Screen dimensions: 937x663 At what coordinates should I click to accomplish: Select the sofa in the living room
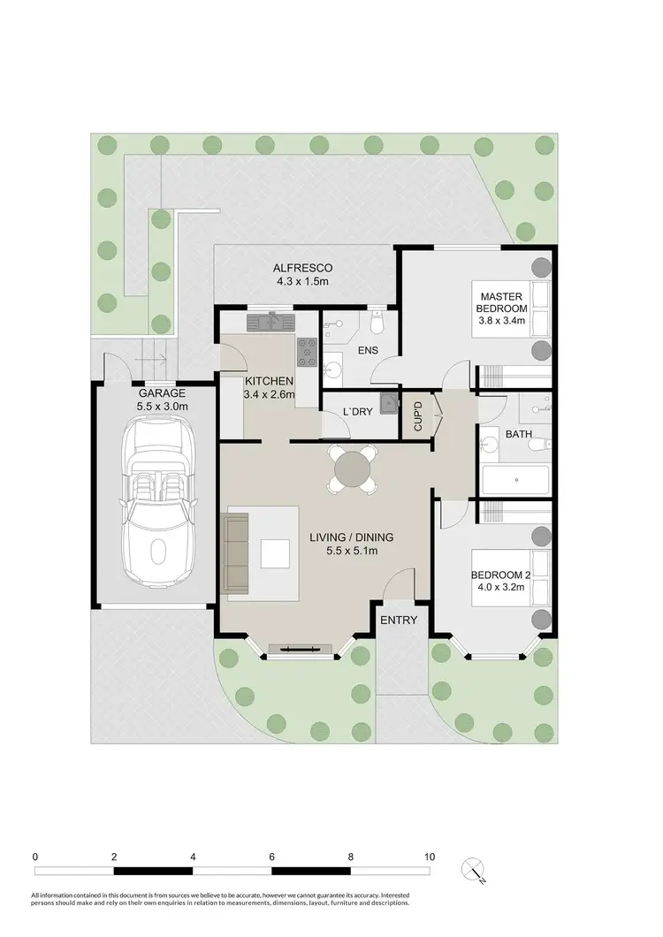pyautogui.click(x=236, y=552)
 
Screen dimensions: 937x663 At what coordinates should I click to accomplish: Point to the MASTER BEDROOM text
pyautogui.click(x=503, y=301)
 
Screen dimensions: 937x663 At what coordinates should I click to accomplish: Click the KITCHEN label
pyautogui.click(x=269, y=381)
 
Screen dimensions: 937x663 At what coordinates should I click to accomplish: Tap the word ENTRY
pyautogui.click(x=398, y=620)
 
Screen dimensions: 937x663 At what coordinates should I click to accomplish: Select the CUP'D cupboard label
pyautogui.click(x=417, y=415)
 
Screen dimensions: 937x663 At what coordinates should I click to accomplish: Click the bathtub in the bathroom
pyautogui.click(x=515, y=482)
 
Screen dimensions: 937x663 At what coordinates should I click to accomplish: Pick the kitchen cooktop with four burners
pyautogui.click(x=307, y=353)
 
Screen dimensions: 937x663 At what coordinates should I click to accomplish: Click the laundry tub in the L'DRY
pyautogui.click(x=389, y=404)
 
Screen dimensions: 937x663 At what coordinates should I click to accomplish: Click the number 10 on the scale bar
pyautogui.click(x=430, y=857)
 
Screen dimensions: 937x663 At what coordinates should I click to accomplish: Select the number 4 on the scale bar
pyautogui.click(x=193, y=857)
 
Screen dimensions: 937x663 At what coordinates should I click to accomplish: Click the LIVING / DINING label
pyautogui.click(x=351, y=537)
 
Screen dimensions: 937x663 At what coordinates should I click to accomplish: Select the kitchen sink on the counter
pyautogui.click(x=263, y=321)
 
